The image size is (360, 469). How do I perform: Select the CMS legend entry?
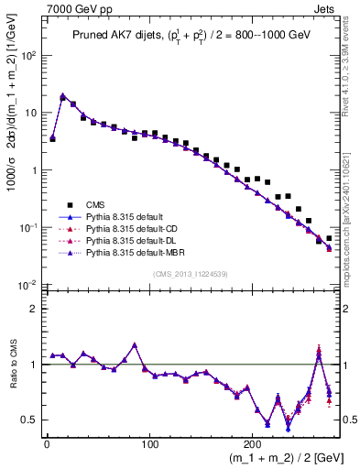(x=96, y=204)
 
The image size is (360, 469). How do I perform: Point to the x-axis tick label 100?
(x=114, y=445)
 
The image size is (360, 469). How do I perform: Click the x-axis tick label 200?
(x=183, y=445)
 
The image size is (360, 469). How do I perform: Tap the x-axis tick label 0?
(x=47, y=445)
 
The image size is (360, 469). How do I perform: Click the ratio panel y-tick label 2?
(x=34, y=309)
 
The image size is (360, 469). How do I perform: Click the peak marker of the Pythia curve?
(x=62, y=95)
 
